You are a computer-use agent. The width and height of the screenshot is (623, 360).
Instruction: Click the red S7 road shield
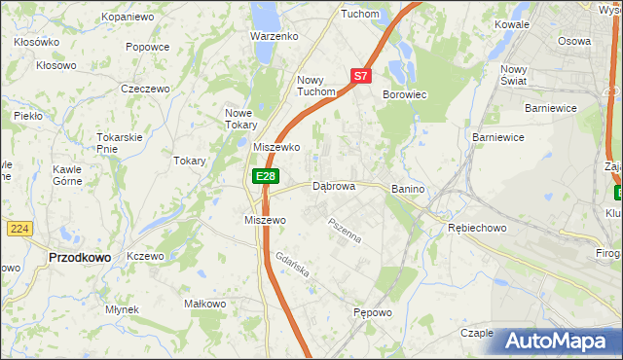coord(360,75)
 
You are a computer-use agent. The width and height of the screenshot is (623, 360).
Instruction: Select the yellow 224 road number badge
coord(18,228)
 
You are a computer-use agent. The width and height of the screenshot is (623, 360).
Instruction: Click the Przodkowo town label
coord(79,258)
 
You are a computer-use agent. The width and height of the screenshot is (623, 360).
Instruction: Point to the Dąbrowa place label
coord(334,185)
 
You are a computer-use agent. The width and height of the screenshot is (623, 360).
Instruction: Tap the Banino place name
coord(410,187)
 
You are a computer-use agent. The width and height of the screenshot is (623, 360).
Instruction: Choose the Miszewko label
coord(275,147)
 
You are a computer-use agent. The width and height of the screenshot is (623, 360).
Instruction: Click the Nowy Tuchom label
coord(316,86)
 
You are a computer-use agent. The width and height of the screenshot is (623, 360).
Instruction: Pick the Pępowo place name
coord(373,313)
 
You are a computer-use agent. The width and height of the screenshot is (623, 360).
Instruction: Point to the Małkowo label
coord(205,304)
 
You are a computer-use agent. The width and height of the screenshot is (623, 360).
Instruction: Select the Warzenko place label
coord(274,36)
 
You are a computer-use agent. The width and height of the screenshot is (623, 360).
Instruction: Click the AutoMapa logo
coord(556,341)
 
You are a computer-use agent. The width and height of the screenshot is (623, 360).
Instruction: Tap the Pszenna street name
coord(345,232)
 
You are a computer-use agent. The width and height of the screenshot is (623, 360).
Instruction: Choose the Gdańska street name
coord(292,266)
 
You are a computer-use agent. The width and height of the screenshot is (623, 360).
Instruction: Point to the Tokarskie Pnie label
coord(121,143)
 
